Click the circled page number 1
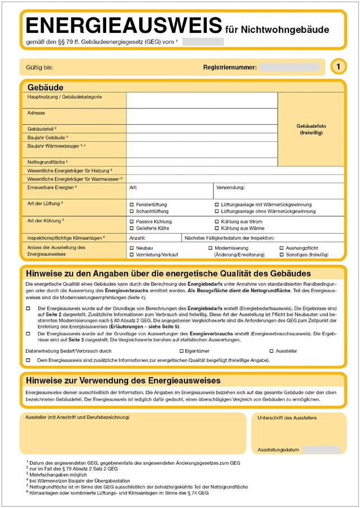(338, 67)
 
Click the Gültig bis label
(39, 68)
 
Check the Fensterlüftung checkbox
(131, 205)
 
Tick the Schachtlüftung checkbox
(131, 212)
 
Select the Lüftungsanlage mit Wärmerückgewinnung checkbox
(217, 205)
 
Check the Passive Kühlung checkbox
(131, 222)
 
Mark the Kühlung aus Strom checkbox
(217, 222)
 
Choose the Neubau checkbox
(131, 248)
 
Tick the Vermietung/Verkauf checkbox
(131, 255)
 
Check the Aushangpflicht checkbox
(281, 248)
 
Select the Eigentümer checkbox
(182, 351)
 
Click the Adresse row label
(36, 113)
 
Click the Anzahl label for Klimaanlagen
(138, 238)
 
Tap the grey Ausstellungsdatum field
(319, 450)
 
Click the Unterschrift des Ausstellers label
(287, 418)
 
